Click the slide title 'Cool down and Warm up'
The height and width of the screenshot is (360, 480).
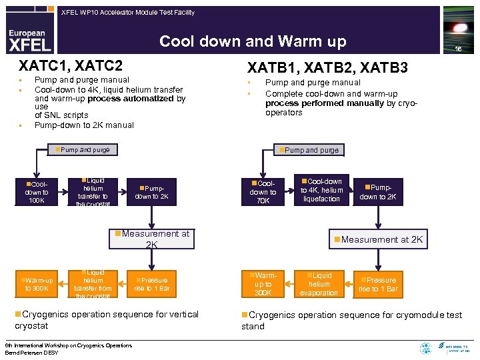[253, 42]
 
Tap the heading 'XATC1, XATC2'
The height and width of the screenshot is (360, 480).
[71, 65]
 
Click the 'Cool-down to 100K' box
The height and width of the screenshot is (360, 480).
[37, 192]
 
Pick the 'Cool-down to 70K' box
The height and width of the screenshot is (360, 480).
[263, 192]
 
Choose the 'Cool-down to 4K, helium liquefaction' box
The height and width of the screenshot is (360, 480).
[321, 190]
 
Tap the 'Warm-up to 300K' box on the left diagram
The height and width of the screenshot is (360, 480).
[39, 284]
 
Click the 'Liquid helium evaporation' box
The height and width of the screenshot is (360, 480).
[319, 284]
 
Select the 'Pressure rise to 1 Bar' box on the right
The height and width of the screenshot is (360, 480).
[378, 284]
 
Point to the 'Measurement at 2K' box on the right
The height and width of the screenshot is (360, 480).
[378, 239]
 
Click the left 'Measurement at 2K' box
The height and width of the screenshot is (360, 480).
[152, 239]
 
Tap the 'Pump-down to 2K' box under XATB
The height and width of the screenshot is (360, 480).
[378, 192]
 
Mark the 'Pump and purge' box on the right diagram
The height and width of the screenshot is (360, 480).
[309, 150]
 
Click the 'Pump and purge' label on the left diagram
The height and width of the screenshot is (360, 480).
[84, 150]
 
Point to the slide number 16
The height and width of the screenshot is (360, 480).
[458, 49]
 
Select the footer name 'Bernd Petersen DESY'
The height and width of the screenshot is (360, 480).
[31, 352]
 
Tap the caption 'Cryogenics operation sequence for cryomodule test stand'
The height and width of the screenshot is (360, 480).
[351, 320]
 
